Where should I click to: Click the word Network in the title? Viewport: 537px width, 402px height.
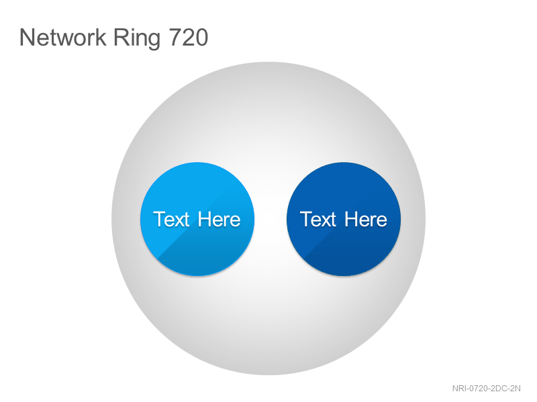[62, 38]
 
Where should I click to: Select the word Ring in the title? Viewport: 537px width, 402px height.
[137, 39]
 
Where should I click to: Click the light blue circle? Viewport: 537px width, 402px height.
[197, 219]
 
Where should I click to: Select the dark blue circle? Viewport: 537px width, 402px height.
[344, 219]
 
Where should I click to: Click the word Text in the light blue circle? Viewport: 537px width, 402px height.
[171, 219]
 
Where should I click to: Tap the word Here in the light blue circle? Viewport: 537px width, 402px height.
[219, 219]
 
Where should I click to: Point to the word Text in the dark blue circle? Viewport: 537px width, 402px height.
[318, 219]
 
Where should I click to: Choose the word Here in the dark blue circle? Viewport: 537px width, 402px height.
[366, 219]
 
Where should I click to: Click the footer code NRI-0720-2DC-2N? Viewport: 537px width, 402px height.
[486, 389]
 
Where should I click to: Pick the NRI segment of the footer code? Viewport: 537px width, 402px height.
[459, 389]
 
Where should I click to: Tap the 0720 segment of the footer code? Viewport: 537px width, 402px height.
[479, 389]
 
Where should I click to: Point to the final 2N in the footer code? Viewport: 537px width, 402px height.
[516, 389]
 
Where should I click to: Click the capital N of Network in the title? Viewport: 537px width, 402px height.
[27, 38]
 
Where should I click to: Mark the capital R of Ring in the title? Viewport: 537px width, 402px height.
[121, 38]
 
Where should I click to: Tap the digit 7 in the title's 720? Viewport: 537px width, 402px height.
[175, 38]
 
